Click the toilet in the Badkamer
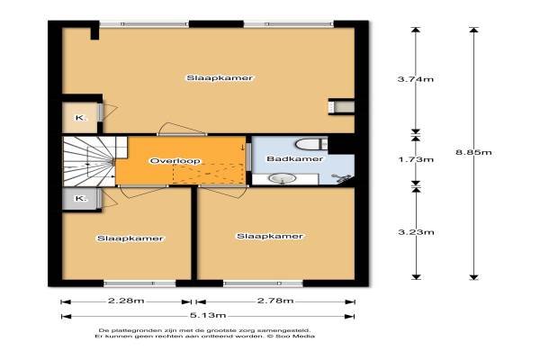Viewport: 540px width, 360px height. [310, 144]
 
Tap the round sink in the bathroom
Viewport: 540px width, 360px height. [282, 178]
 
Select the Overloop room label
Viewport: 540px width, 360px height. [175, 161]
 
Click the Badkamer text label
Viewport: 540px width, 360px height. [295, 158]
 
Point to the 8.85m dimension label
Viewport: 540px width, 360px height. [473, 152]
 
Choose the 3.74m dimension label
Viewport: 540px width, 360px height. [416, 79]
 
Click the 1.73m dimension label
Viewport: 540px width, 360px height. [416, 159]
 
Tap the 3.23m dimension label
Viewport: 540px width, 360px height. [416, 232]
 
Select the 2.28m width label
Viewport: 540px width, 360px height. [126, 301]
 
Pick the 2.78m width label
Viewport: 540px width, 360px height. [275, 301]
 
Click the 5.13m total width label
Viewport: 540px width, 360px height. [208, 315]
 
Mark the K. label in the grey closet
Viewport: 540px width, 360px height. [81, 198]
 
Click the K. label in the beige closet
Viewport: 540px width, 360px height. [81, 118]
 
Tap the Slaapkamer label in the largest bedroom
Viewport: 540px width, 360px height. [220, 78]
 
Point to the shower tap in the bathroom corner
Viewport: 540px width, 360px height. [341, 178]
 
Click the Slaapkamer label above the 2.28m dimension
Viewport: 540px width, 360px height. [130, 238]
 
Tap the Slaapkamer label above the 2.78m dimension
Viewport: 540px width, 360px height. [270, 236]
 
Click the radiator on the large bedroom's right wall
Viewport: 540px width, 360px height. [341, 107]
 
